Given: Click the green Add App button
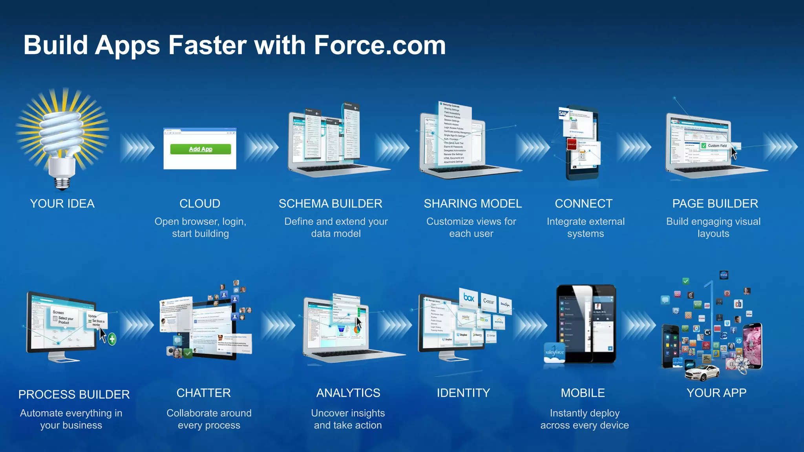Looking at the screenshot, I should point(200,149).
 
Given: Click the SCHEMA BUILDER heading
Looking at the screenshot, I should point(330,204).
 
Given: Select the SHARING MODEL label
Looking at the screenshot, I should point(473,204).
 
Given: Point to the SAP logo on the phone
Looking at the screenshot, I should point(563,113).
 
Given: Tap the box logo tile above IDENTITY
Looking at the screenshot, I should point(469,298).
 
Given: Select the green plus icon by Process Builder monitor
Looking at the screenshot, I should point(112,339).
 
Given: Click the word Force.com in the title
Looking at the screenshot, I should point(380,45).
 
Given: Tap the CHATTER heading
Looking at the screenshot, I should point(203,393).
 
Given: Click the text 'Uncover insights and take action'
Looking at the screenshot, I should point(348,419).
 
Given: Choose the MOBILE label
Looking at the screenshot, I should point(583,393).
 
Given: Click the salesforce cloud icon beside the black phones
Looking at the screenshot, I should point(554,353).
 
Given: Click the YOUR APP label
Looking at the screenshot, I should point(716,393).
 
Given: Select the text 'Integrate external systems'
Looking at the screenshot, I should point(585,228).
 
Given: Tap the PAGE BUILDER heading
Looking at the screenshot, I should point(715,204).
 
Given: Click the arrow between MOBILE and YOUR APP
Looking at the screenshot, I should point(638,325).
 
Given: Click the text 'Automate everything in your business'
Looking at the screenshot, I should point(71,419).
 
